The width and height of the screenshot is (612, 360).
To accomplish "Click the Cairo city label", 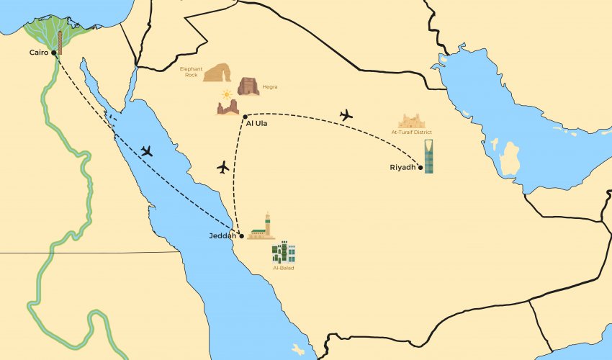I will [x=38, y=53].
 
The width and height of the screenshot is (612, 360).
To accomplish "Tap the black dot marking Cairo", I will [x=54, y=53].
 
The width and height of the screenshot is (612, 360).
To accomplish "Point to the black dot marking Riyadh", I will [x=420, y=168].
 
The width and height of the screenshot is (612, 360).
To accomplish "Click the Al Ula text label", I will [x=256, y=124].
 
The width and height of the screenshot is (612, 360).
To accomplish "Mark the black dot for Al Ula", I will [x=246, y=116].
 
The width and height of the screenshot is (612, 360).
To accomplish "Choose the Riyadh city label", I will [x=403, y=168].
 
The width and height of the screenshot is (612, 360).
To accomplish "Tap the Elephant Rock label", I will [x=191, y=72].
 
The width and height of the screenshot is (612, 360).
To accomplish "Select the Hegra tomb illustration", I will [x=248, y=86].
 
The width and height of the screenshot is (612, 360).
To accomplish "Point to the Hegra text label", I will [x=270, y=87].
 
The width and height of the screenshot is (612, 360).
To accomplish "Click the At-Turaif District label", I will [x=412, y=132].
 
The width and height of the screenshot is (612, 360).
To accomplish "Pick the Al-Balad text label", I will [x=284, y=268].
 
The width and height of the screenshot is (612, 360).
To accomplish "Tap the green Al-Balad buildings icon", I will [x=284, y=251].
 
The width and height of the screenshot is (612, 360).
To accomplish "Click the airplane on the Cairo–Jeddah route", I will [x=147, y=151].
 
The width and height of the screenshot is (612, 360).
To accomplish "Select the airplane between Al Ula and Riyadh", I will [x=346, y=114].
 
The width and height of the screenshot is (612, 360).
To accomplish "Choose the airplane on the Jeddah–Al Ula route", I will [x=222, y=167].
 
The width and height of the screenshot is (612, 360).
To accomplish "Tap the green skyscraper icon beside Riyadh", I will [x=429, y=157].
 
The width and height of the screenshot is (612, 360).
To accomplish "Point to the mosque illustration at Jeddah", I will [x=263, y=227].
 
